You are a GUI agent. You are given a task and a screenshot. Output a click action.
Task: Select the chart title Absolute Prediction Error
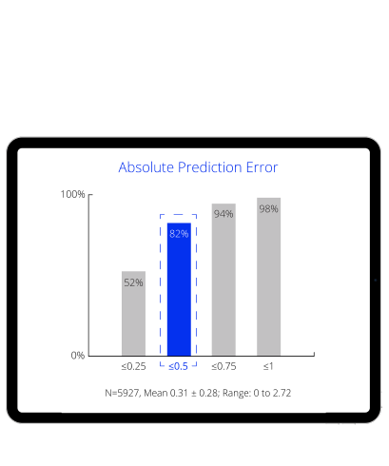(x=198, y=167)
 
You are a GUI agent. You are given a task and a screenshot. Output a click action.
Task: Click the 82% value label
(x=179, y=232)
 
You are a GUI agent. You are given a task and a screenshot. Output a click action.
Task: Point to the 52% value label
(x=133, y=282)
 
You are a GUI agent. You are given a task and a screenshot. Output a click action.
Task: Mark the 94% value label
(x=224, y=214)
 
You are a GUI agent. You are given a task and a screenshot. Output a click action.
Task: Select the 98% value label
(x=268, y=208)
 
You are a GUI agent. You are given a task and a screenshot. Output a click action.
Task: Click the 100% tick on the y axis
(x=73, y=194)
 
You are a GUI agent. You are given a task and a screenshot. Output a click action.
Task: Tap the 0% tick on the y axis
(x=78, y=356)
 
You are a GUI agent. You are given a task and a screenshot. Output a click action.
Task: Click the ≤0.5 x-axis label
(x=179, y=366)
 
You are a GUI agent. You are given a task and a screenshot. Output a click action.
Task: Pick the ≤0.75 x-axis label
(x=224, y=366)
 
